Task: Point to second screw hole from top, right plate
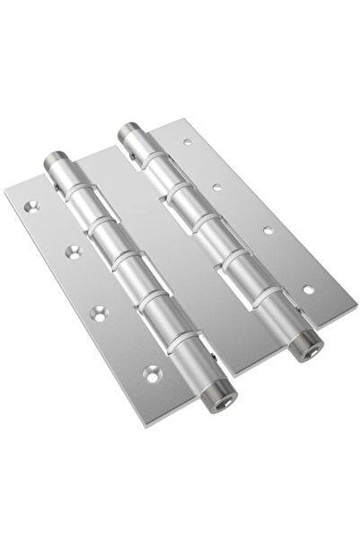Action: click(217, 187)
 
